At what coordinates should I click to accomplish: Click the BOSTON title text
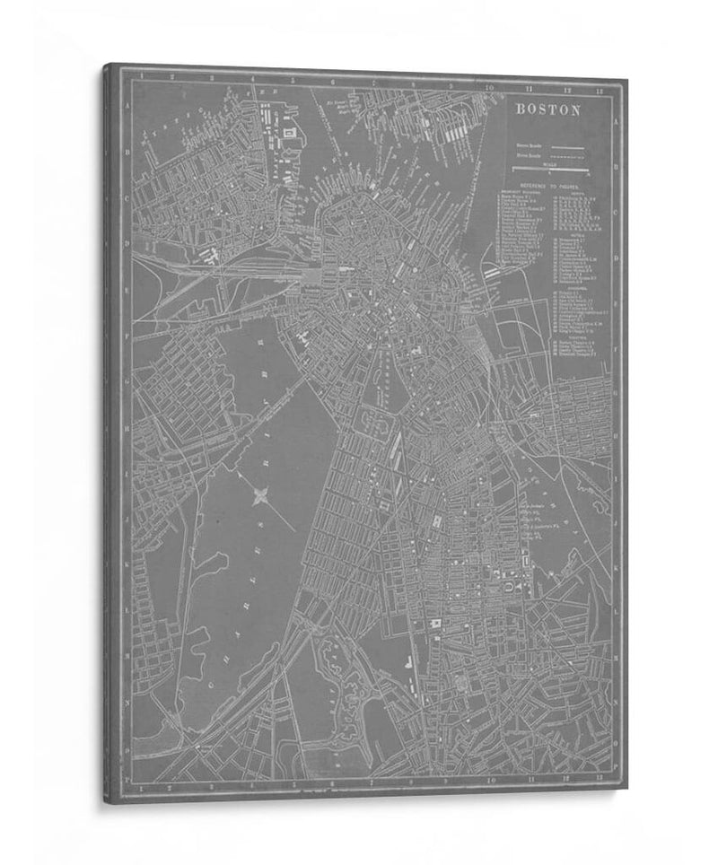547,110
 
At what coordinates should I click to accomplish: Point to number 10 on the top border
490,87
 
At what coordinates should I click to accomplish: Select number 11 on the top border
530,88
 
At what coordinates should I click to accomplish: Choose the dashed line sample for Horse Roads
565,156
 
